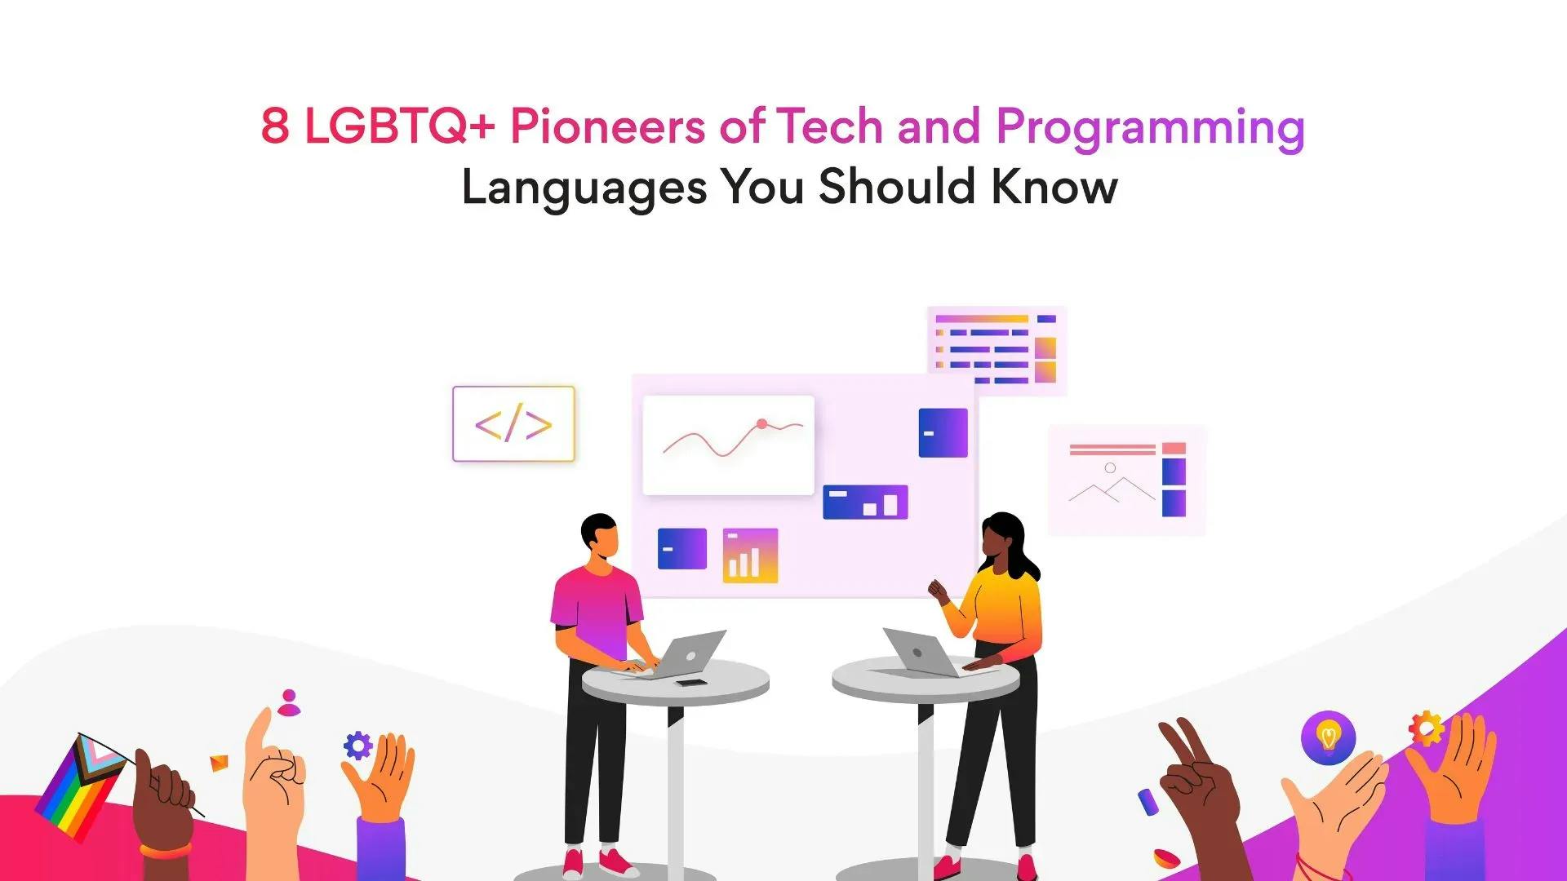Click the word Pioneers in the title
point(607,126)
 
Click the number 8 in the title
point(275,126)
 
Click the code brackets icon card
point(513,424)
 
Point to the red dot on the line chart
point(761,423)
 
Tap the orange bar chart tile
point(750,556)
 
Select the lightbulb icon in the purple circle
point(1328,737)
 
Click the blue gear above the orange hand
point(357,746)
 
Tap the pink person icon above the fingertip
point(289,702)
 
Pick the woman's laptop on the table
point(922,653)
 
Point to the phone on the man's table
point(691,682)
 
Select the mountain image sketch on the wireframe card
point(1111,486)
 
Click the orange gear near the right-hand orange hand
point(1426,728)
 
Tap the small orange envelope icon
point(219,763)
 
